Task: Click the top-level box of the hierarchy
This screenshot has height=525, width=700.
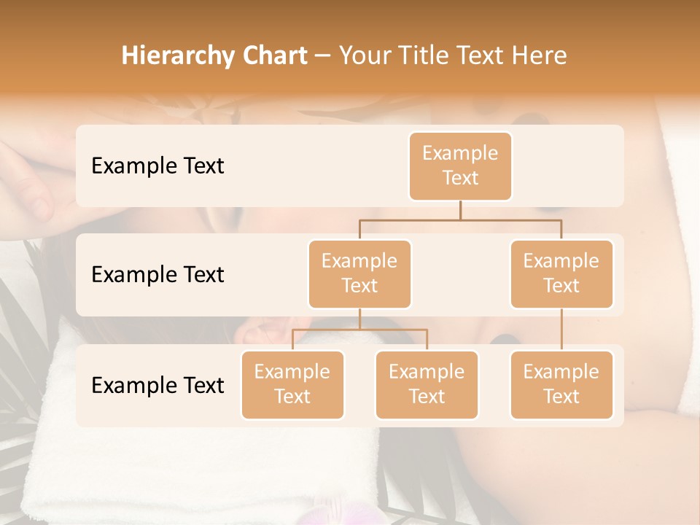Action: pos(460,166)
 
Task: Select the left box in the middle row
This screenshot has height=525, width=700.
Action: pos(359,274)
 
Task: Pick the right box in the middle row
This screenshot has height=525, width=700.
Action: pos(561,274)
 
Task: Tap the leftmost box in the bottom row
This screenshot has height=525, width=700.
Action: pos(292,385)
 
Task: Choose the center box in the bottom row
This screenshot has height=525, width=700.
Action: pos(427,385)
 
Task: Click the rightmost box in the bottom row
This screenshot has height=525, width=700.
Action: pos(561,385)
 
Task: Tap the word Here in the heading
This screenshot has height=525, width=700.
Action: pos(540,56)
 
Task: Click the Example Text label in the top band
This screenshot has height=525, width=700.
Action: pos(157,166)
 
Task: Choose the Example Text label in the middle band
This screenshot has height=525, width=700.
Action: pos(157,275)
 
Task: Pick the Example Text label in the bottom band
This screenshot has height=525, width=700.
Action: pos(157,385)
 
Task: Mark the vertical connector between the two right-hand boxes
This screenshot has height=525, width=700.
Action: pos(561,330)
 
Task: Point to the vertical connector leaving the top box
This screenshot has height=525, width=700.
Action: pos(460,210)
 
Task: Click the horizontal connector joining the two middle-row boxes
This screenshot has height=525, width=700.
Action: pos(460,219)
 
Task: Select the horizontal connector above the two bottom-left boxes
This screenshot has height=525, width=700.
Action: pos(359,330)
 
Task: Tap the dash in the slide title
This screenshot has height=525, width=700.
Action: pos(323,56)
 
